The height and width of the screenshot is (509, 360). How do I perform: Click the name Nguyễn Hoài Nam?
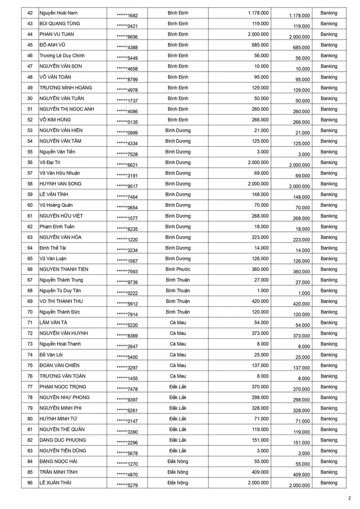click(x=58, y=13)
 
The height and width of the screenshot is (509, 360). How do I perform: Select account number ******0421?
click(x=127, y=26)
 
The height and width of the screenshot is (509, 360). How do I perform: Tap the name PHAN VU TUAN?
click(x=57, y=34)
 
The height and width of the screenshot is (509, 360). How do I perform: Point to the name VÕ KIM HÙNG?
click(x=56, y=120)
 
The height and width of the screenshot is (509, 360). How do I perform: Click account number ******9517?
click(x=127, y=186)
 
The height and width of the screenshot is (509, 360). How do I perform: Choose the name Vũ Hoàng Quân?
click(x=56, y=205)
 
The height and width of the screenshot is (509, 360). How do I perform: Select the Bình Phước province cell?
click(x=178, y=269)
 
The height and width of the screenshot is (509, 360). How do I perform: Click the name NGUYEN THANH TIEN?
click(x=64, y=269)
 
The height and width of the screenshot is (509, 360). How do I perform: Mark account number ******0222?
click(x=127, y=293)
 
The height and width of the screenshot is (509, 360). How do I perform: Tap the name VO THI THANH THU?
click(x=61, y=301)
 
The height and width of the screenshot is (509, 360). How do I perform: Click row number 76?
click(x=30, y=376)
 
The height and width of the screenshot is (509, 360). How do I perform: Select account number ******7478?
click(x=127, y=389)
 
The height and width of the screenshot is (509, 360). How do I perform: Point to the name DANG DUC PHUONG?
click(x=63, y=440)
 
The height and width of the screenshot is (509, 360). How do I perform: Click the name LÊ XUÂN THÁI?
click(x=56, y=483)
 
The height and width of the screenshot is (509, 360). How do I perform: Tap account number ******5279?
click(x=127, y=485)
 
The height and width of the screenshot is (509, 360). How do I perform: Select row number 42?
click(x=30, y=13)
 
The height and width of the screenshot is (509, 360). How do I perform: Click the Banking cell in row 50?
click(x=329, y=99)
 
